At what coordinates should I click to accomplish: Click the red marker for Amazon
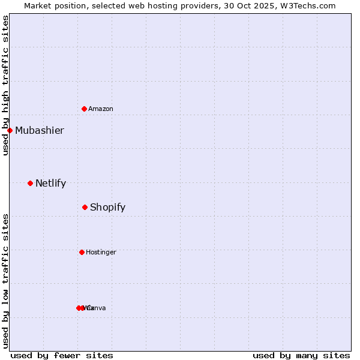pyautogui.click(x=84, y=109)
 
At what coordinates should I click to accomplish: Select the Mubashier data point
pyautogui.click(x=10, y=130)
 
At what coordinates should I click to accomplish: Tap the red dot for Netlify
pyautogui.click(x=30, y=183)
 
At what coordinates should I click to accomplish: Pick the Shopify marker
pyautogui.click(x=85, y=207)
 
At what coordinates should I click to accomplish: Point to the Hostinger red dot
pyautogui.click(x=82, y=252)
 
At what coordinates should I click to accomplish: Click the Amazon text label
pyautogui.click(x=101, y=109)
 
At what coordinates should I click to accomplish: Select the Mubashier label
pyautogui.click(x=40, y=130)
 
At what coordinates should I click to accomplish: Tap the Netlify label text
pyautogui.click(x=50, y=183)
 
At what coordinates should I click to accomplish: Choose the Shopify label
pyautogui.click(x=107, y=207)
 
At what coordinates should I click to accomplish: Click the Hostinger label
pyautogui.click(x=101, y=252)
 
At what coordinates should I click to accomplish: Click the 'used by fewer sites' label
pyautogui.click(x=62, y=355)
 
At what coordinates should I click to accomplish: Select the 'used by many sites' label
pyautogui.click(x=301, y=355)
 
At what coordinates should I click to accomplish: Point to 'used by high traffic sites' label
pyautogui.click(x=5, y=85)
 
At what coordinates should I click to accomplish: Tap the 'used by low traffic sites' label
pyautogui.click(x=5, y=281)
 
